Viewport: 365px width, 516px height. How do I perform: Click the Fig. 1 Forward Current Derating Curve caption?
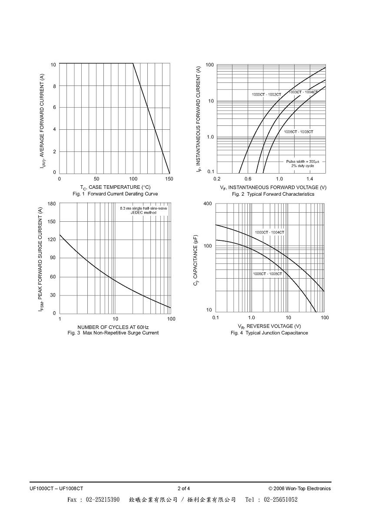(115, 194)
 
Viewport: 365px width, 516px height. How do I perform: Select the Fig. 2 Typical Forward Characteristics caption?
(273, 194)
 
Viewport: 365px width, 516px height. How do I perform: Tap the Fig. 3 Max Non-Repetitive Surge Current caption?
(113, 333)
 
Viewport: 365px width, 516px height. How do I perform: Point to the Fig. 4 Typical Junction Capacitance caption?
(269, 333)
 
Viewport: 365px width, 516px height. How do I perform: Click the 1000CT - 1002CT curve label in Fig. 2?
(266, 95)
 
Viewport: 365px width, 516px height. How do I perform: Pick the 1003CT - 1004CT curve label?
(303, 92)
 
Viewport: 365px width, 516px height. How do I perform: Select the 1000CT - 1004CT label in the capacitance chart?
(269, 232)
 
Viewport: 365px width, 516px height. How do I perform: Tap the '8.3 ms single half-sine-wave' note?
(143, 208)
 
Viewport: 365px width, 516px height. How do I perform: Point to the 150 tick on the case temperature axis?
(169, 179)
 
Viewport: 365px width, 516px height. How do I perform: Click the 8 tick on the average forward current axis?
(54, 86)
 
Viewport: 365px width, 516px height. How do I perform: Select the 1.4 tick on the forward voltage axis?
(310, 179)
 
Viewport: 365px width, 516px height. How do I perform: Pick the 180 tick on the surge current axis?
(52, 204)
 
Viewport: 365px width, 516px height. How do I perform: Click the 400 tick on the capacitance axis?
(208, 204)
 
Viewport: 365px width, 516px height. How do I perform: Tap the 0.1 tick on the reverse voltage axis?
(216, 318)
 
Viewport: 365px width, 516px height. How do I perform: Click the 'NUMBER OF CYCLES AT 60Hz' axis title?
(113, 327)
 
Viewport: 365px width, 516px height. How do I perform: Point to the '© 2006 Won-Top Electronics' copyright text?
(299, 488)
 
